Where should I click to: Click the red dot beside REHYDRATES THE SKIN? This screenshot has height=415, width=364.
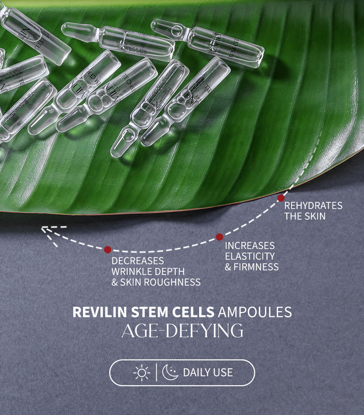click(x=281, y=198)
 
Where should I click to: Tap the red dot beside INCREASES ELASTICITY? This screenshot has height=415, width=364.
click(x=219, y=237)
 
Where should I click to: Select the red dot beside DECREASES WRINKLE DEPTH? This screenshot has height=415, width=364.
click(x=108, y=249)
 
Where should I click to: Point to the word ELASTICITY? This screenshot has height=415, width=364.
click(x=249, y=256)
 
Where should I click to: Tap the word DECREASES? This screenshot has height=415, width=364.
click(x=138, y=261)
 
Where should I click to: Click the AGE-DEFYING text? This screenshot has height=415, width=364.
click(x=182, y=331)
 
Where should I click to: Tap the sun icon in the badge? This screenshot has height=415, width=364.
click(x=142, y=373)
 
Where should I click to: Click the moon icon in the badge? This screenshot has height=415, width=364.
click(x=170, y=373)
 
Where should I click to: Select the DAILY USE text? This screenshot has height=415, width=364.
click(x=208, y=373)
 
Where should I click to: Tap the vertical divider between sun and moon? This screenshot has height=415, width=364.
click(x=156, y=373)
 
